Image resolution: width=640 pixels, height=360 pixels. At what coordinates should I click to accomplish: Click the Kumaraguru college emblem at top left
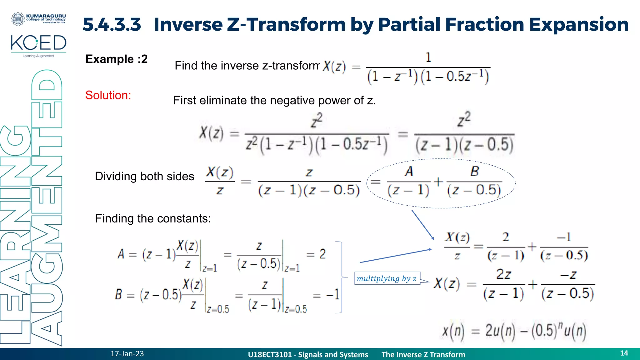tap(18, 19)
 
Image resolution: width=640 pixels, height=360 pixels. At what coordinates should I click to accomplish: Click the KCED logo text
tap(38, 43)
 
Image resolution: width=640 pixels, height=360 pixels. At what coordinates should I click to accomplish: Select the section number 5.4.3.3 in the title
tap(112, 24)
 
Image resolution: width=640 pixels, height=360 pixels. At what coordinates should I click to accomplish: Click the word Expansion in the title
tap(578, 24)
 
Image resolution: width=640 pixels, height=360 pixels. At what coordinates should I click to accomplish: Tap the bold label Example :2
tap(116, 59)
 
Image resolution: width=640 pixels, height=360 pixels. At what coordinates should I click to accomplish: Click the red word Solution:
tap(108, 95)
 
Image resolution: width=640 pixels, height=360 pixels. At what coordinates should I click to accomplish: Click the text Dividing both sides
tap(144, 176)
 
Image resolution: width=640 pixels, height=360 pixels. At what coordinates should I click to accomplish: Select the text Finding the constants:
tap(153, 218)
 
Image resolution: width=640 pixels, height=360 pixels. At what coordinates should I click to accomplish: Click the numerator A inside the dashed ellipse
tap(409, 172)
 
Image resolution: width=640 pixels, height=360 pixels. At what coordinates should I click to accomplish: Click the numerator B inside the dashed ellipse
tap(474, 172)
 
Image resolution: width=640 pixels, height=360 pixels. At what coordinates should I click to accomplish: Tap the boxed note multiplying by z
tap(387, 278)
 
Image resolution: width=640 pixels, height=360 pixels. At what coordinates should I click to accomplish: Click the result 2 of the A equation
tap(322, 254)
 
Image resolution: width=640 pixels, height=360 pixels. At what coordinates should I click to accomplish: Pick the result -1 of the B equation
tap(333, 294)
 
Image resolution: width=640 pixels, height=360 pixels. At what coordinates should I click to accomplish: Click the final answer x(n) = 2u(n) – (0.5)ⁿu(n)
tap(514, 331)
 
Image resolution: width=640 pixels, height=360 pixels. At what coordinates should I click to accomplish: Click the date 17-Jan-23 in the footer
tap(127, 354)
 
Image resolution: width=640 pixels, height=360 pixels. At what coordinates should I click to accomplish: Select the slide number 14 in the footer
tap(624, 353)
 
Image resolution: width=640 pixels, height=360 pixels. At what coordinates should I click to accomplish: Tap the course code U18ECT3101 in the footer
tap(270, 355)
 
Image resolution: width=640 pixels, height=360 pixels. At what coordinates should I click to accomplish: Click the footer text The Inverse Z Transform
tap(423, 355)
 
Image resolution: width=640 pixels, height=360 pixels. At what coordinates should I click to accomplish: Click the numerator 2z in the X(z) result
tap(503, 274)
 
